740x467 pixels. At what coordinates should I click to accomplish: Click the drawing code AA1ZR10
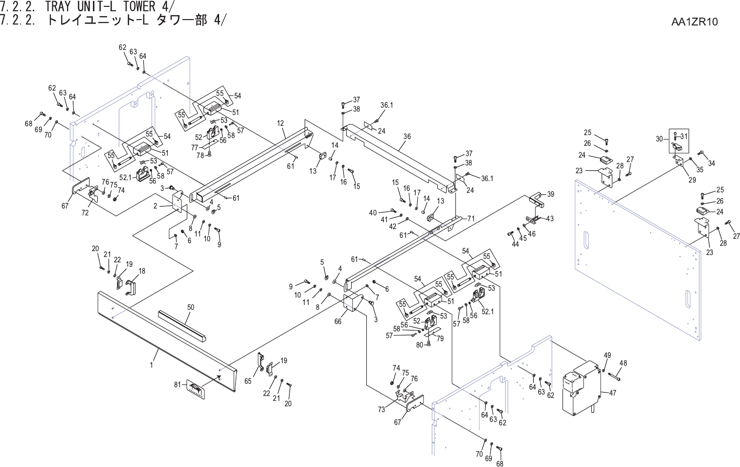(x=695, y=22)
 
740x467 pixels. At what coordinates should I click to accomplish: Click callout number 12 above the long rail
(x=280, y=123)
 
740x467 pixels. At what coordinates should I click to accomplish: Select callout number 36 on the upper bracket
(x=407, y=137)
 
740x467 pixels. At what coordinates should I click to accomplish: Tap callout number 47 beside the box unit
(x=612, y=393)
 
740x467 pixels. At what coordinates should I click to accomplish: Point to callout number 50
(x=191, y=307)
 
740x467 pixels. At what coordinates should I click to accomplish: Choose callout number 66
(x=338, y=322)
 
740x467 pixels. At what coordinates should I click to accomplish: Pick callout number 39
(x=551, y=194)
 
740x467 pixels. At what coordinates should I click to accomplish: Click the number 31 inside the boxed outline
(x=684, y=137)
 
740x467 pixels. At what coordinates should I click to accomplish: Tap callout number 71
(x=471, y=219)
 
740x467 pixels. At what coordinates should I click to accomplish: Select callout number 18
(x=142, y=271)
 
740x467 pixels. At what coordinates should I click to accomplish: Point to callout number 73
(x=381, y=410)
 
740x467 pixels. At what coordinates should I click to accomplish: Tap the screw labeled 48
(x=614, y=377)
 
